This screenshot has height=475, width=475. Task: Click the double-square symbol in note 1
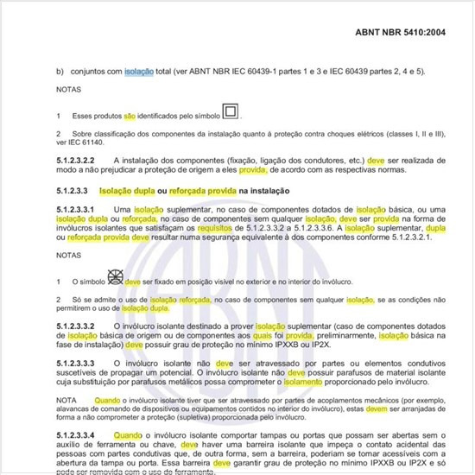point(231,111)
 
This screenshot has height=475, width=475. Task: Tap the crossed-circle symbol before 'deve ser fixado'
point(114,278)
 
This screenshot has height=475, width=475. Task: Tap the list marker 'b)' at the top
point(60,71)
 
